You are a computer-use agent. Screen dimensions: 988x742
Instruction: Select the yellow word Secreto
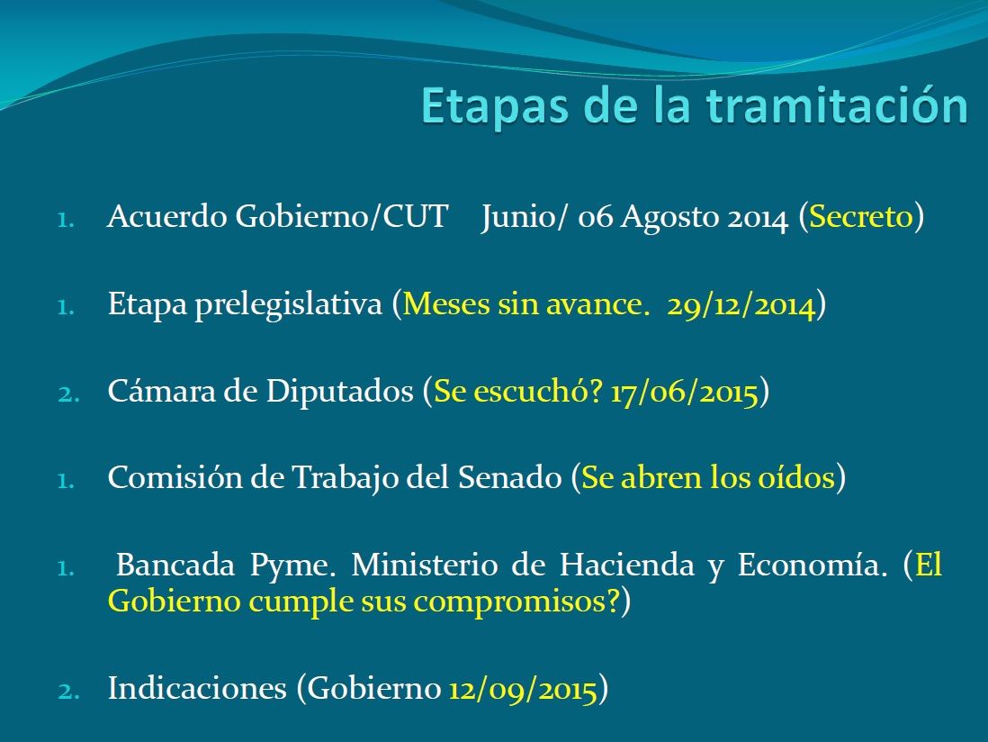[x=861, y=217]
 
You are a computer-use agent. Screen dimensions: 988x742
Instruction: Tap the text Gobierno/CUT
[x=341, y=217]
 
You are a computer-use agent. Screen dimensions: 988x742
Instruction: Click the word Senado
[x=510, y=478]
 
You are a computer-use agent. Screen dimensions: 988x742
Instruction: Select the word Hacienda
[x=627, y=565]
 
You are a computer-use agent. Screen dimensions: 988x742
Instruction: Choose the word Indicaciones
[x=197, y=688]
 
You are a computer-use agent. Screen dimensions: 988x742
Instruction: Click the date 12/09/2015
[x=523, y=689]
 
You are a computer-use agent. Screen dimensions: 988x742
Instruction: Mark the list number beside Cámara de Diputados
[x=68, y=394]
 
